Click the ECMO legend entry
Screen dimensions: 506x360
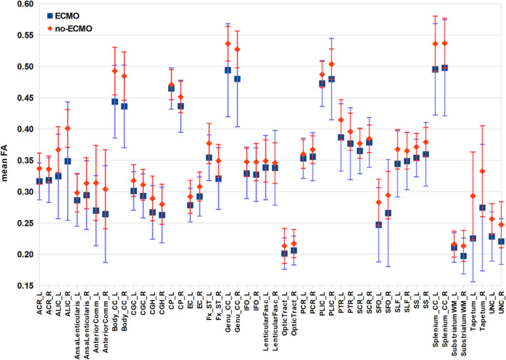point(64,16)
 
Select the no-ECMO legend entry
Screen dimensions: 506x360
point(70,29)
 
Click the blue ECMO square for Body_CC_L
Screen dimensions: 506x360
point(115,101)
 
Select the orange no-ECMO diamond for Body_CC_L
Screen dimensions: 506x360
point(115,71)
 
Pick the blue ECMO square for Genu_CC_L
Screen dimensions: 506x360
point(228,70)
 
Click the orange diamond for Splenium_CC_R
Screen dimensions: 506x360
point(445,44)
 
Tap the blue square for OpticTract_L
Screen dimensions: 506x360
point(284,254)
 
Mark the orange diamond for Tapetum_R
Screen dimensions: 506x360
point(482,171)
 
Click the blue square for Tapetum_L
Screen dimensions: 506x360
point(472,239)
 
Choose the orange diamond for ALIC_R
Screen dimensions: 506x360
point(68,129)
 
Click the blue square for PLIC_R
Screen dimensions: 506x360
point(331,79)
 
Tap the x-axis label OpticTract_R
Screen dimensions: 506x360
point(294,312)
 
